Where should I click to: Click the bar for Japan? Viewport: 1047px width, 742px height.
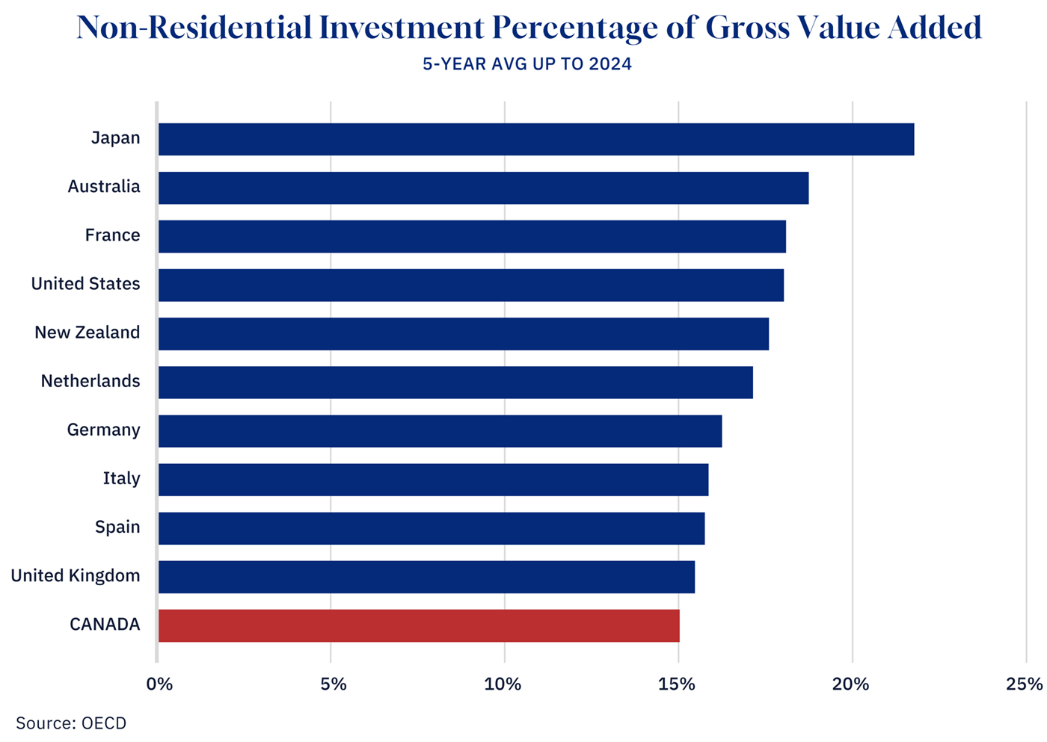pos(535,139)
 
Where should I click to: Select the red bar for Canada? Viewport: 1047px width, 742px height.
pos(419,625)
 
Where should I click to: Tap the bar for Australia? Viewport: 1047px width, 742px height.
pos(483,188)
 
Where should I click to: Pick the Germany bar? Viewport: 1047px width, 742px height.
pos(440,431)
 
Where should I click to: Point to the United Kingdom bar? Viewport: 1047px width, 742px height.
pos(426,577)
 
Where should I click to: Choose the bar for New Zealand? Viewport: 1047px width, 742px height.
pos(463,333)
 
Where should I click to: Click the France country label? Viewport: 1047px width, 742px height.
pos(112,235)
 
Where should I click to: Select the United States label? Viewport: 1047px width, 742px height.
pos(85,284)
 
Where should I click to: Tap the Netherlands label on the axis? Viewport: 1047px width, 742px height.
pos(90,381)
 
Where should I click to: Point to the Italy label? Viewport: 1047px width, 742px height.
pos(121,478)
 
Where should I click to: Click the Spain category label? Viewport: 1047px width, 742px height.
pos(117,527)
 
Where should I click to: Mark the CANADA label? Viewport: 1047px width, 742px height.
pos(105,625)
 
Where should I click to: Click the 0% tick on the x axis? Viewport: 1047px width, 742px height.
pos(159,684)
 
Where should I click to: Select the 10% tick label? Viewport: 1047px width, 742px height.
pos(503,684)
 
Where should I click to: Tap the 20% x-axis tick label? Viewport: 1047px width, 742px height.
pos(851,684)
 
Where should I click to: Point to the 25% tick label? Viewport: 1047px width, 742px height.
pos(1025,684)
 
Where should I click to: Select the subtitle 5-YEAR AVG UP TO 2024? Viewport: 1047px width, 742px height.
pos(527,64)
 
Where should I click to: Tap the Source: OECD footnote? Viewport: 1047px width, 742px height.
pos(71,723)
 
